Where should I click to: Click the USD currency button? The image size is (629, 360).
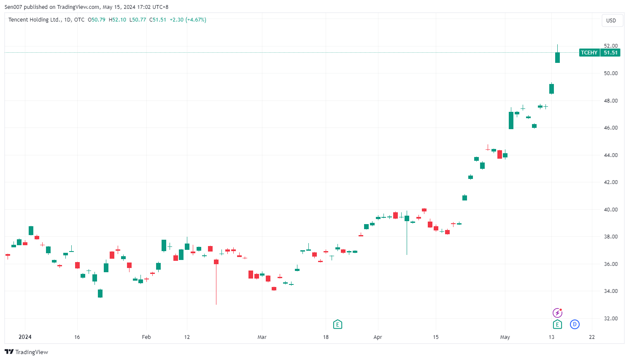[611, 20]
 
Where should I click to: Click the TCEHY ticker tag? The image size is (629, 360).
[589, 53]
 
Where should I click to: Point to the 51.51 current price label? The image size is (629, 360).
[610, 53]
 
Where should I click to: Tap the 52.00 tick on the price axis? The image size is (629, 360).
[610, 46]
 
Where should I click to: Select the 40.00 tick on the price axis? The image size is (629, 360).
[610, 210]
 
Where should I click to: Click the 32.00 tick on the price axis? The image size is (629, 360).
[610, 319]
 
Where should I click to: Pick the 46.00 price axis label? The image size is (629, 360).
[610, 128]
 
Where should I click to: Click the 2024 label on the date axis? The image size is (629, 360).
[25, 337]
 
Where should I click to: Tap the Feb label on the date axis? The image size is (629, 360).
[146, 337]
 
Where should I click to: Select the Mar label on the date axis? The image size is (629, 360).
[262, 337]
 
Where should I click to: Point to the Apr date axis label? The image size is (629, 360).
[378, 337]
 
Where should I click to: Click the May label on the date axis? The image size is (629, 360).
[505, 337]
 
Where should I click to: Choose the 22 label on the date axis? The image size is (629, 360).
[592, 337]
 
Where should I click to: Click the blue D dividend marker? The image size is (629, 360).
[575, 324]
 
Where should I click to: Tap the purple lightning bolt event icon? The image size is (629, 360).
[557, 313]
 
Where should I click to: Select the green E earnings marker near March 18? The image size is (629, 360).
[337, 324]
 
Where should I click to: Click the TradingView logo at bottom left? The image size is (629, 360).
[26, 352]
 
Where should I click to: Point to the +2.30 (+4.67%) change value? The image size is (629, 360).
[188, 20]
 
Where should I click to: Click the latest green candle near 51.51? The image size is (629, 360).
[557, 57]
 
